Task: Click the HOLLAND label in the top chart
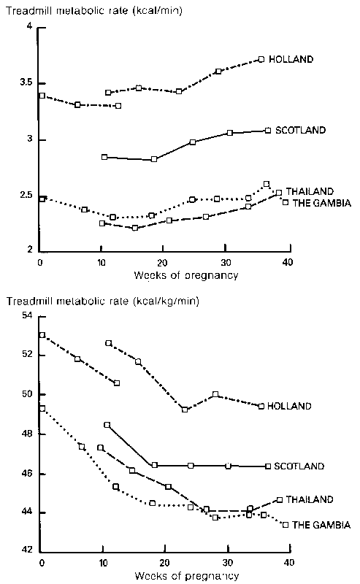pos(291,59)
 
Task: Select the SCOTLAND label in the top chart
pos(300,130)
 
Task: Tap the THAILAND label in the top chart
pos(310,191)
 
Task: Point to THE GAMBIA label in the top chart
pos(322,203)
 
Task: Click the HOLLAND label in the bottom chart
pos(289,406)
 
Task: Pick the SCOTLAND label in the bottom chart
pos(299,466)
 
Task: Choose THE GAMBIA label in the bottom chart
pos(321,525)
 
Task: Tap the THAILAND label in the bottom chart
pos(310,499)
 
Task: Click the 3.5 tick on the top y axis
pos(26,82)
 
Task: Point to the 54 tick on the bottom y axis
pos(28,316)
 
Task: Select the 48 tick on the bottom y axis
pos(28,434)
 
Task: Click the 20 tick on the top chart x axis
pos(162,263)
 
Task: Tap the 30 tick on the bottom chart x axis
pos(228,562)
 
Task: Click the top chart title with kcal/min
pos(94,10)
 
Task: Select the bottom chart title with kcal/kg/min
pos(103,301)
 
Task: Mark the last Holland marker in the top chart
pos(261,59)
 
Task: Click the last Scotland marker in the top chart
pos(267,131)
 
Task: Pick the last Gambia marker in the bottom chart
pos(286,525)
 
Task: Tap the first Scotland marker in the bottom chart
pos(107,425)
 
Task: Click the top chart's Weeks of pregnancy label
pos(186,276)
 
